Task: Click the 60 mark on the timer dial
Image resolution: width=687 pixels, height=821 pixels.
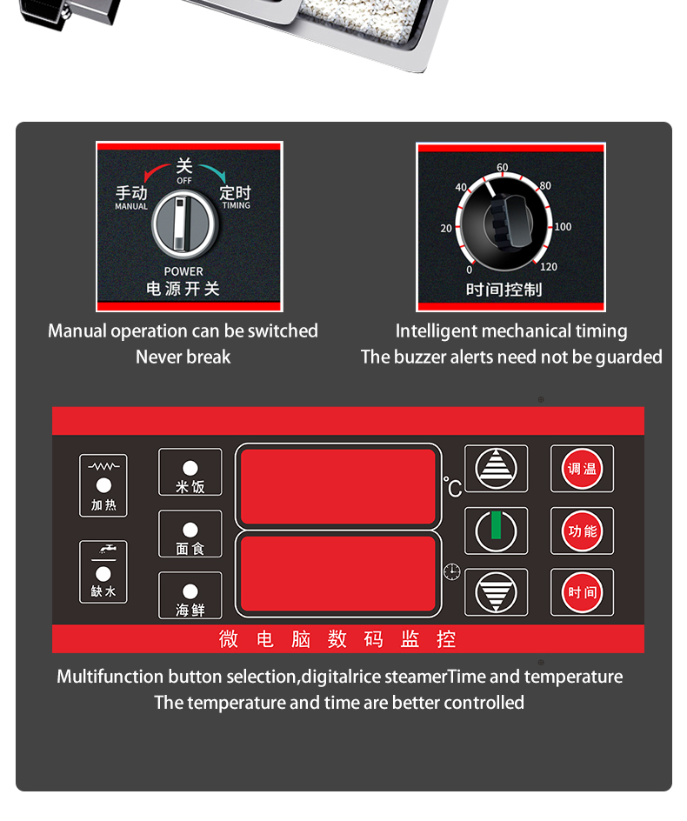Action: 503,168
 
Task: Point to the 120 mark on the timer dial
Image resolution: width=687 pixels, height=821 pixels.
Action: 548,267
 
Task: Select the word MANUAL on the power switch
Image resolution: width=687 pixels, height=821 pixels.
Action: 131,206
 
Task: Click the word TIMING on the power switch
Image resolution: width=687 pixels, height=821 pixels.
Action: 236,205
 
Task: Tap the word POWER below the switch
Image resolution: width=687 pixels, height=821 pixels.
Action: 183,271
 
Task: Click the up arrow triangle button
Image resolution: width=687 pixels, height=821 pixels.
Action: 496,469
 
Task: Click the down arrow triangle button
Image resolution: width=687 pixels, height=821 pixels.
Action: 496,592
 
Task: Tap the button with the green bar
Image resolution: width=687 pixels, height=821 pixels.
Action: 496,531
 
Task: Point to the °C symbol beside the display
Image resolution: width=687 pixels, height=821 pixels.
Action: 452,487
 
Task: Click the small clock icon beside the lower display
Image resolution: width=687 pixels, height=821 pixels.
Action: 451,571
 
